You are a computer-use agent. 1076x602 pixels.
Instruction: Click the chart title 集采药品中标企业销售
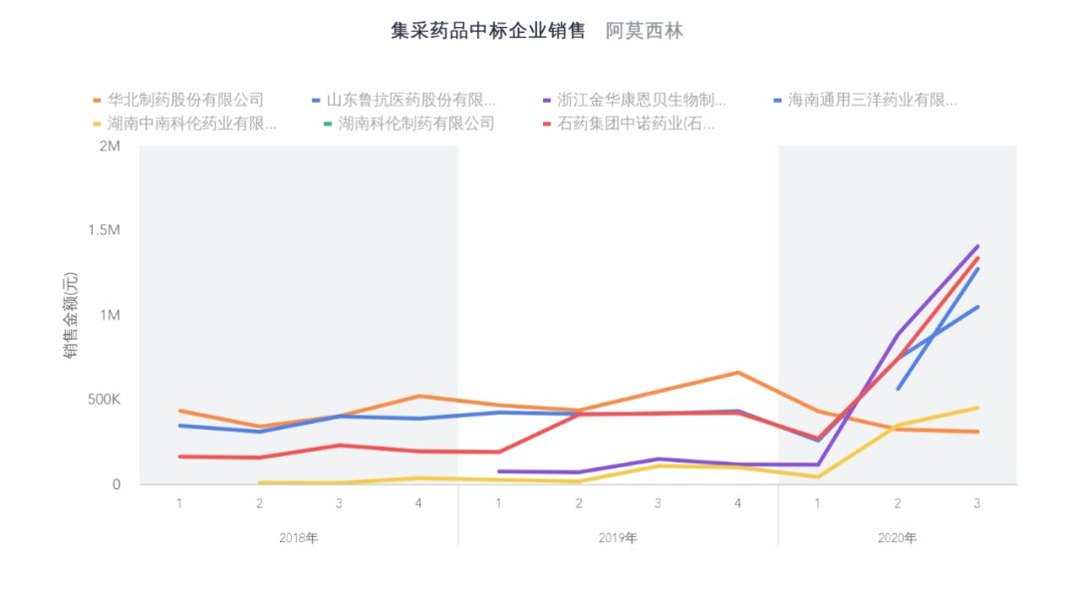click(487, 31)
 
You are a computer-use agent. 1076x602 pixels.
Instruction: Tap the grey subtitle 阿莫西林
click(645, 31)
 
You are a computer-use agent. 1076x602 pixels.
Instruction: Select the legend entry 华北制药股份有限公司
click(185, 100)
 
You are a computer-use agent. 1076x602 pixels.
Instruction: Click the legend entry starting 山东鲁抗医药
click(410, 100)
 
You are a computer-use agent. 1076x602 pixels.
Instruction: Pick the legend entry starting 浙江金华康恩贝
click(641, 100)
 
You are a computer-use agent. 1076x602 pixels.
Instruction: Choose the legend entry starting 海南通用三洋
click(872, 100)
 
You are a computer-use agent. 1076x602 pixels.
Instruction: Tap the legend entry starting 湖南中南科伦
click(191, 124)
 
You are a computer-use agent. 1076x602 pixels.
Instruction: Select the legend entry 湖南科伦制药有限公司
click(416, 124)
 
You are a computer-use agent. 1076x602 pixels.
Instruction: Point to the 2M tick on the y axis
click(110, 147)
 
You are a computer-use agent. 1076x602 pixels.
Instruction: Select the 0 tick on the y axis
click(117, 484)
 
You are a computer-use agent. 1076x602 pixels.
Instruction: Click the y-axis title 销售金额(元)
click(72, 315)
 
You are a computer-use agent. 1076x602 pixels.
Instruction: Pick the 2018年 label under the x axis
click(299, 538)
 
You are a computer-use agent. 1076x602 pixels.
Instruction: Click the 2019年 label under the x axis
click(618, 538)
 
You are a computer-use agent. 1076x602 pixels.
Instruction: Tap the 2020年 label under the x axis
click(897, 538)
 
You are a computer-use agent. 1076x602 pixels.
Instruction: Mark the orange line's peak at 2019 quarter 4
click(737, 373)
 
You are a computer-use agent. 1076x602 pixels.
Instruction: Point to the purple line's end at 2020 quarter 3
click(977, 246)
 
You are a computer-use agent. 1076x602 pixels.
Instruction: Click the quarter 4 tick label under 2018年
click(418, 503)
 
